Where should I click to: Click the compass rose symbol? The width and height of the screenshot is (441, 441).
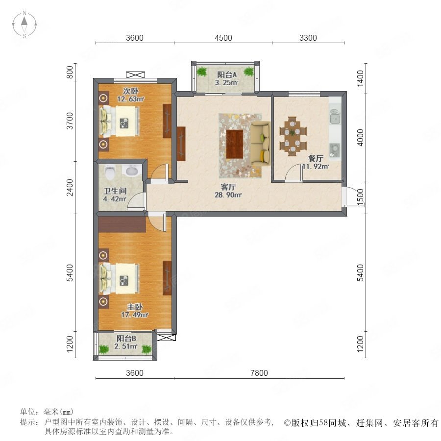coord(24,24)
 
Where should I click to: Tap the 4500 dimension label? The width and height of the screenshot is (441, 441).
coord(223,38)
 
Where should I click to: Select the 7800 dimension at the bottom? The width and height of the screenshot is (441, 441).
coord(259,373)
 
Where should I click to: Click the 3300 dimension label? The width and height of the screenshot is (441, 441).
coord(308,38)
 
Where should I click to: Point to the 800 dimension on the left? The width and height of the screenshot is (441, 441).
coord(70,72)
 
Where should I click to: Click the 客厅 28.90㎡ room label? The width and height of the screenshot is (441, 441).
coord(228,191)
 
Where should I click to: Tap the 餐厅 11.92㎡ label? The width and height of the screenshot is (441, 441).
coord(316,162)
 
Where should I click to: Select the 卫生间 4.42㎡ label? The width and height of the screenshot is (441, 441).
coord(115,195)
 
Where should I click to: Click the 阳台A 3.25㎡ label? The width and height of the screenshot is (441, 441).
coord(227,78)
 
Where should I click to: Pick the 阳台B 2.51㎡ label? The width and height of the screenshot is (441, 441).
coord(126,342)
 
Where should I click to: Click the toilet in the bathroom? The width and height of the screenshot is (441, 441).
coord(110,172)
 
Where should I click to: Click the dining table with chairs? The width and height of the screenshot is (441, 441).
coord(293,136)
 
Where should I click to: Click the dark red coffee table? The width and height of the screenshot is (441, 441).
coord(235,144)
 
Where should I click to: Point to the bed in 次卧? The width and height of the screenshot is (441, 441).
coord(120,121)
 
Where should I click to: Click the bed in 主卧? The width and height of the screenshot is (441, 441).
coord(120,278)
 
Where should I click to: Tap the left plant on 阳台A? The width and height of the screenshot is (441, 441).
coord(202,72)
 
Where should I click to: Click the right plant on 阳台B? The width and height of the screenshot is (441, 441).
coord(146,349)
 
